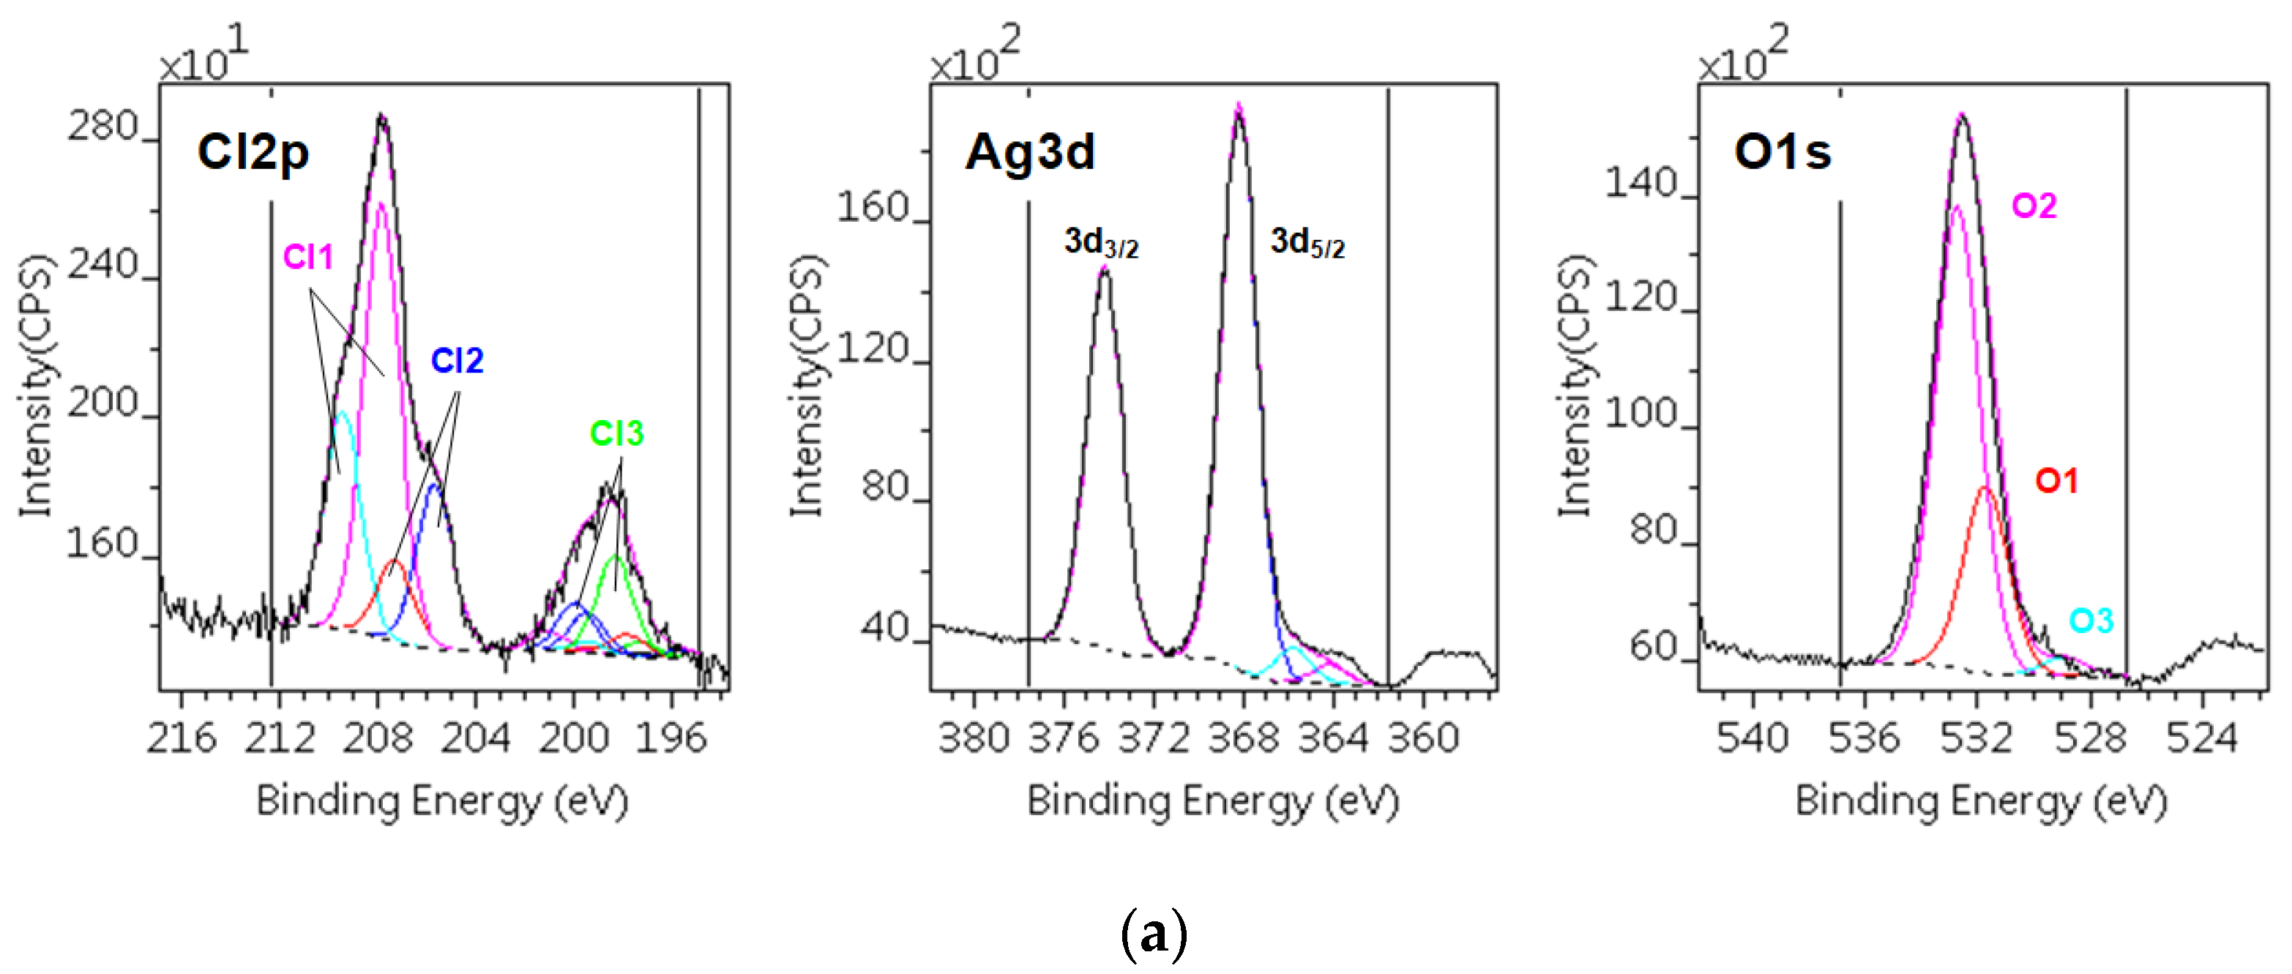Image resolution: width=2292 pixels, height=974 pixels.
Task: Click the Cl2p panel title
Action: click(x=253, y=152)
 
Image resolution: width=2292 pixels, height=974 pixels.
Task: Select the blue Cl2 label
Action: click(x=457, y=361)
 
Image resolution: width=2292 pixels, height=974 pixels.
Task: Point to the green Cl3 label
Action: click(x=616, y=434)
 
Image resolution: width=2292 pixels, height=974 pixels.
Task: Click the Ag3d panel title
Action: click(x=1029, y=152)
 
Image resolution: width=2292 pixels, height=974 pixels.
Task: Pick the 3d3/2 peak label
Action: click(x=1101, y=242)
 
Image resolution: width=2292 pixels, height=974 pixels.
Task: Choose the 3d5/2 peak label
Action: click(x=1306, y=242)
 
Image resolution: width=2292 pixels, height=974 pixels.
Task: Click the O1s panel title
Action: click(x=1783, y=152)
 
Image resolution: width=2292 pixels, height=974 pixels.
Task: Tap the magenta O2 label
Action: click(x=2034, y=206)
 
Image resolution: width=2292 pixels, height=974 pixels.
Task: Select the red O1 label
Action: click(x=2056, y=482)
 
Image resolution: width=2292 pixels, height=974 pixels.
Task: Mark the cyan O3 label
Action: click(x=2090, y=621)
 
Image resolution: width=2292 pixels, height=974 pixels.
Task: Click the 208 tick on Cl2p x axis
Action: click(x=378, y=738)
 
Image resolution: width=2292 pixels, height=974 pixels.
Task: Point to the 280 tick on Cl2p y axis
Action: click(x=103, y=128)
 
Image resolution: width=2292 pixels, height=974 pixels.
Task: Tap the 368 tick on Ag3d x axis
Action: click(x=1243, y=738)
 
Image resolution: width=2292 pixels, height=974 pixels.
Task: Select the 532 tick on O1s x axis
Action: click(x=1976, y=738)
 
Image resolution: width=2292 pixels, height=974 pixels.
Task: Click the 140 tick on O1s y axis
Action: click(x=1640, y=184)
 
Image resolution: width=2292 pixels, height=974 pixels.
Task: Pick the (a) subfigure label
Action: click(x=1153, y=934)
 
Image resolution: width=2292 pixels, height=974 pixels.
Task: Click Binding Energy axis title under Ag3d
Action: click(x=1212, y=801)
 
